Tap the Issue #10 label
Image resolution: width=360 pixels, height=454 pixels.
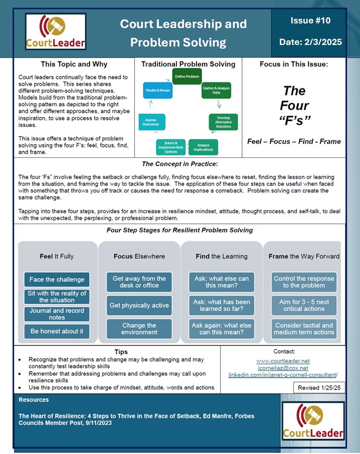tap(310, 21)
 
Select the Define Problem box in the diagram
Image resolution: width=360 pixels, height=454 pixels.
tap(187, 76)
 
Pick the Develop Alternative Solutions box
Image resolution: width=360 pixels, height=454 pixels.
tap(223, 121)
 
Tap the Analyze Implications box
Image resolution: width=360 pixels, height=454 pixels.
tap(204, 146)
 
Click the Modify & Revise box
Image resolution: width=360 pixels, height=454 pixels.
tap(157, 90)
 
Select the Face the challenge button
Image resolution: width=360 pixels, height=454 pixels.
tap(57, 279)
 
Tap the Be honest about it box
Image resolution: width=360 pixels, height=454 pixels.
tap(57, 331)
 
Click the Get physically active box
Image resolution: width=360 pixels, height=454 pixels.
tap(139, 305)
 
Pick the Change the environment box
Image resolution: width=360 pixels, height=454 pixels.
tap(139, 329)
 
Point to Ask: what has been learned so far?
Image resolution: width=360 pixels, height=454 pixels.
tap(222, 305)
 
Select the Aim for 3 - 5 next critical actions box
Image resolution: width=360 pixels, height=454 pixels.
tap(304, 305)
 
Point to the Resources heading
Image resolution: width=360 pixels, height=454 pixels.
tap(34, 400)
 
